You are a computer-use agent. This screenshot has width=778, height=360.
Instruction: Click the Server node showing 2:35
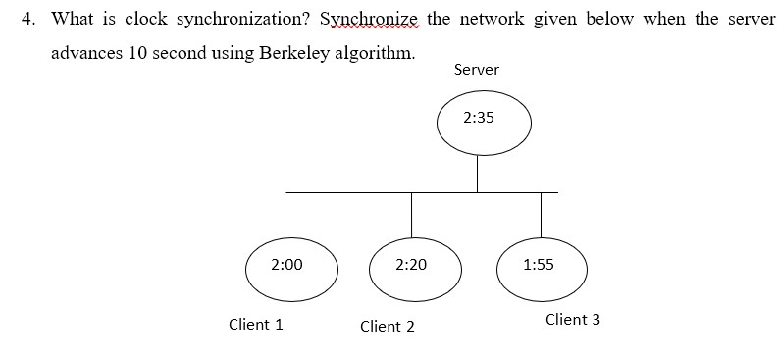coord(484,125)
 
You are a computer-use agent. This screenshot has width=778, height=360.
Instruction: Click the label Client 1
coord(255,324)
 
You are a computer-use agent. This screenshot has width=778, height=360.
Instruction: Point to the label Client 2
coord(387,326)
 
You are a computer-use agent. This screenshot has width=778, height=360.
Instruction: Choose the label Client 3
coord(572,319)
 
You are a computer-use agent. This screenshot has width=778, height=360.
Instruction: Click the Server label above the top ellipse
coord(477,70)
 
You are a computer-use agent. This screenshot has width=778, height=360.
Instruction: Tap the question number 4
coord(28,19)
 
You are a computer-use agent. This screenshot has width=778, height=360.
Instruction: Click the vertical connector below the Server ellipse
coord(478,175)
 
